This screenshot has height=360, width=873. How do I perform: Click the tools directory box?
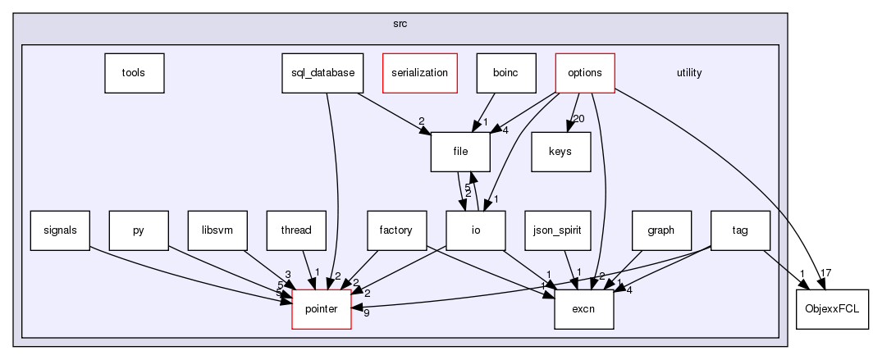click(x=134, y=72)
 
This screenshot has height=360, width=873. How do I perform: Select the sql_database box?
click(x=322, y=72)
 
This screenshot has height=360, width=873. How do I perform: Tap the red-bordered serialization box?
click(x=418, y=72)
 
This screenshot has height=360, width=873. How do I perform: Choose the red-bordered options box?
click(x=584, y=72)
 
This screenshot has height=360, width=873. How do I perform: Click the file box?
click(x=460, y=152)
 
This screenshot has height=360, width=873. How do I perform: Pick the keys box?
click(x=561, y=152)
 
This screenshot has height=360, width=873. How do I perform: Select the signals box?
click(x=60, y=230)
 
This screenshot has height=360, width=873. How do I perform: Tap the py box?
click(x=139, y=230)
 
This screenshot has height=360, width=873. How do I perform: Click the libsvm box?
click(x=217, y=230)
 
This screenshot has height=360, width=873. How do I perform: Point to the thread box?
click(x=296, y=230)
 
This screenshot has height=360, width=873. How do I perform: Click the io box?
click(x=476, y=230)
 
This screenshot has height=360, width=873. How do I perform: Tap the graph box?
click(x=661, y=230)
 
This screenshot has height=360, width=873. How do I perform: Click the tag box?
click(x=740, y=230)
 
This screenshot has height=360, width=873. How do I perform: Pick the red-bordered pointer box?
click(x=322, y=309)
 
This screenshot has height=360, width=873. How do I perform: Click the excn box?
click(x=584, y=309)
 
